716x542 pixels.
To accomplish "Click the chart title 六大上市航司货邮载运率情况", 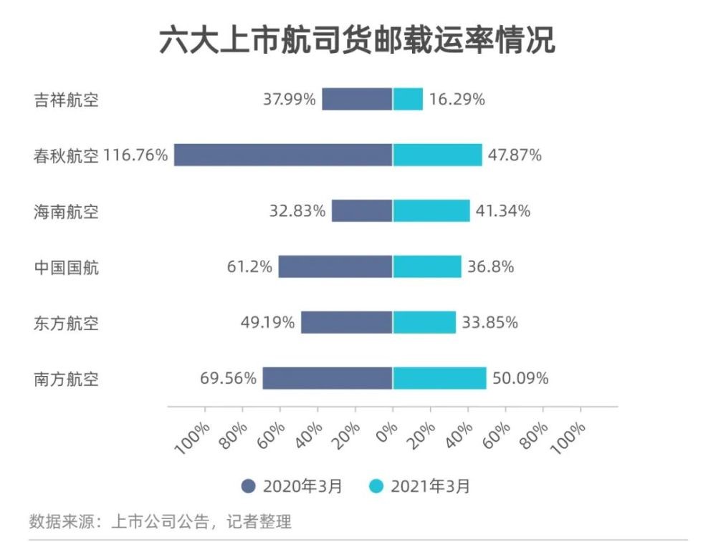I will point(357,42).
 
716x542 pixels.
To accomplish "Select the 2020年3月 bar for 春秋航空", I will point(283,155).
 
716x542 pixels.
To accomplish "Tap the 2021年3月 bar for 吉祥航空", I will point(408,100).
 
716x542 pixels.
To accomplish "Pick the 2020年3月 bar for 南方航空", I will point(328,378).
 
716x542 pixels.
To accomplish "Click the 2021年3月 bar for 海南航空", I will point(431,210).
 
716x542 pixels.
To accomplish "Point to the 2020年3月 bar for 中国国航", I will point(335,266).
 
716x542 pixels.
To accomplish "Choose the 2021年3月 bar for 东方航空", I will point(424,322).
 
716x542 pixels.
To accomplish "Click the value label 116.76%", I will point(135,155).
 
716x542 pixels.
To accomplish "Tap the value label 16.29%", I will point(457,100).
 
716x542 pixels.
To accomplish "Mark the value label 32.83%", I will point(297,211).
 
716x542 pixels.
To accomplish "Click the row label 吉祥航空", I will point(66,100).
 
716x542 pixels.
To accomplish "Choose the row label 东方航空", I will point(66,323).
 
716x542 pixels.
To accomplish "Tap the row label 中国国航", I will point(66,267).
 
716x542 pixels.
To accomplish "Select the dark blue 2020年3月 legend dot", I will point(249,487).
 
